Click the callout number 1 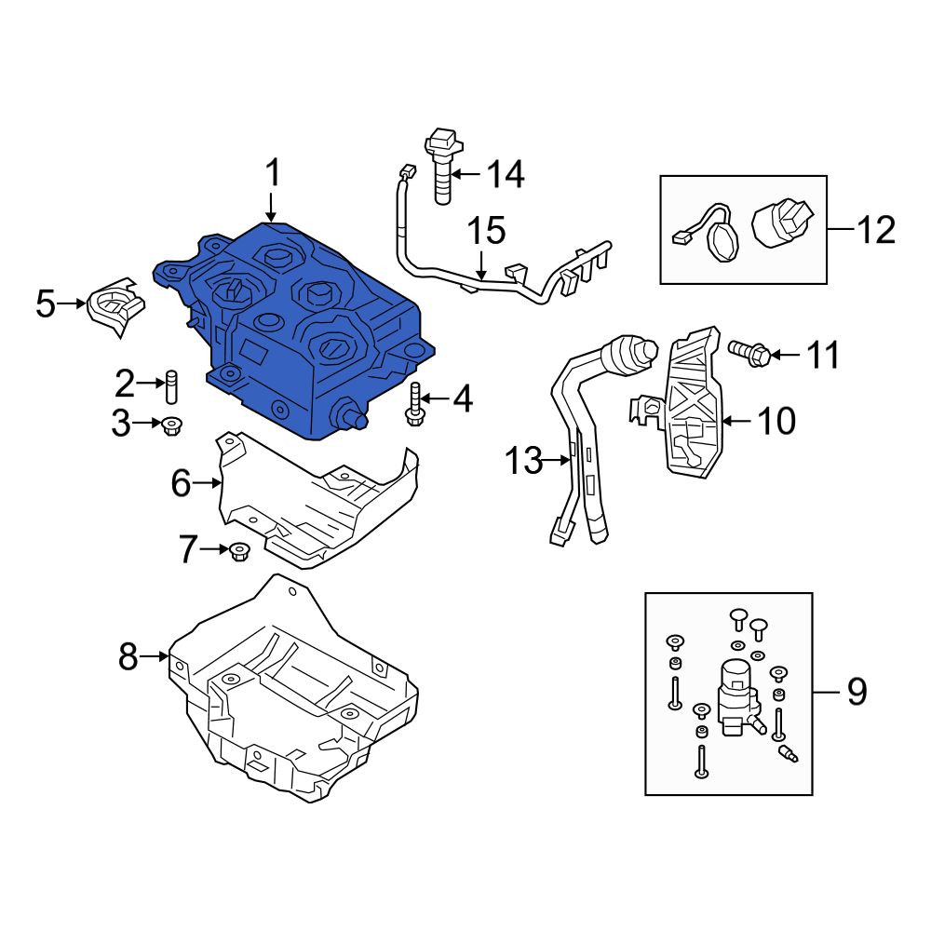tap(273, 174)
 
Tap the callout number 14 tap(506, 174)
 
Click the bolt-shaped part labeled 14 tap(441, 167)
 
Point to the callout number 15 tap(486, 231)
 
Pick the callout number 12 tap(876, 229)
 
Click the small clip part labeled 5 tap(116, 306)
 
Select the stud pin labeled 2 tap(170, 386)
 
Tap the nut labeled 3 tap(172, 425)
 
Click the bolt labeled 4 tap(414, 404)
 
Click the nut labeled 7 tap(238, 552)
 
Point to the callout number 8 tap(128, 656)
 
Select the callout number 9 tap(857, 692)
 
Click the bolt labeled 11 tap(749, 353)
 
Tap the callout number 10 tap(776, 421)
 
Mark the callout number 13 tap(523, 460)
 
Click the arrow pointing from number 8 tap(155, 656)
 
